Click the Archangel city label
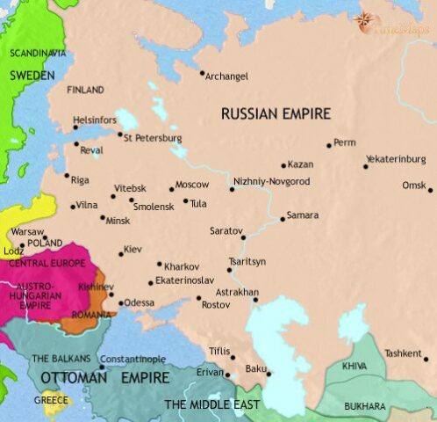pos(226,76)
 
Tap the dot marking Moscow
pos(172,189)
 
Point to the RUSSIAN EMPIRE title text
pos(275,113)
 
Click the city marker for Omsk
pos(431,189)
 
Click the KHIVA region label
pos(355,365)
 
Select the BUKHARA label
pos(364,406)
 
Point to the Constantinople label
pos(133,360)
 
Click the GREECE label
pos(51,399)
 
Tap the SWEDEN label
pos(32,76)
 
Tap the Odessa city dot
pos(120,303)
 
